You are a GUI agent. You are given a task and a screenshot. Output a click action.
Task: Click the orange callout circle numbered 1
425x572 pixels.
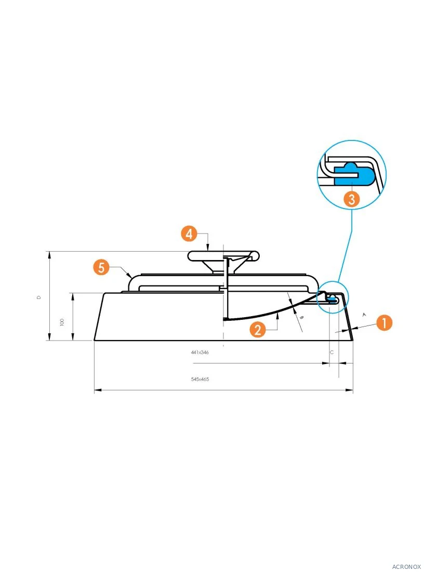(384, 322)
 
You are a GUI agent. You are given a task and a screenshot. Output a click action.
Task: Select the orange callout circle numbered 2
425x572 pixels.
(258, 330)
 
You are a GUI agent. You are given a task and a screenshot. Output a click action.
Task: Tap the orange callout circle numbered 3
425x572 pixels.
(352, 199)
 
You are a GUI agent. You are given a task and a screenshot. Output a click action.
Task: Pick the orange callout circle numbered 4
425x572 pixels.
(189, 233)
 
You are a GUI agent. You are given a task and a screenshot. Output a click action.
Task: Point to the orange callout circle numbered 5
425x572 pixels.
(101, 267)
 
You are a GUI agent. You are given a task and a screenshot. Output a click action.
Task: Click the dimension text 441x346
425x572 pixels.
(200, 353)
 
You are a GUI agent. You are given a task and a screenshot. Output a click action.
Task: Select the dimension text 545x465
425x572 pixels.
(200, 380)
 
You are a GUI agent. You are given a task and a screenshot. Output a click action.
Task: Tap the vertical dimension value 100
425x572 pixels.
(62, 322)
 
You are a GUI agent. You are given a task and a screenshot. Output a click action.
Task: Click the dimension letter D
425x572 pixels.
(39, 297)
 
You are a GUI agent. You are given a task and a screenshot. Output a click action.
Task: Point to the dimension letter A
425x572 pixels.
(364, 315)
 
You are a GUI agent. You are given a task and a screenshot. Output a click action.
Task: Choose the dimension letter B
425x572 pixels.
(301, 317)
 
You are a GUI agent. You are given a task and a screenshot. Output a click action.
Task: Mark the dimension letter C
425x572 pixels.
(331, 353)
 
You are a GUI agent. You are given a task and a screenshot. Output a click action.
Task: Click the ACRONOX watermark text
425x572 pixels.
(406, 566)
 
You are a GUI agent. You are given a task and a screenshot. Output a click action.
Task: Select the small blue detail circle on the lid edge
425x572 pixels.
(333, 296)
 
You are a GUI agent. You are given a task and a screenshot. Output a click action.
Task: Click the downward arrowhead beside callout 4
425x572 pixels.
(208, 248)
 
